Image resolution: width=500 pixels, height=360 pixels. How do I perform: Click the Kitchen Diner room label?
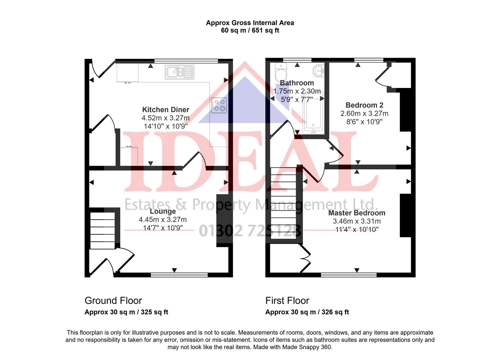click(x=166, y=110)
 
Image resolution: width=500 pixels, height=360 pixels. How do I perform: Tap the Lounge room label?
click(x=163, y=211)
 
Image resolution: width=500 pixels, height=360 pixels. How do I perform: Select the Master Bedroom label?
click(x=357, y=213)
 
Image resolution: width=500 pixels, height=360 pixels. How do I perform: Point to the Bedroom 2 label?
click(x=364, y=105)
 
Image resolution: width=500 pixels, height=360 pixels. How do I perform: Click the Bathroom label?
click(x=297, y=83)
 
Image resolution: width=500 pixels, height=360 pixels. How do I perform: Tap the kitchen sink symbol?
click(x=179, y=71)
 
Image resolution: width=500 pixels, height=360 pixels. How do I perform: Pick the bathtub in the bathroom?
click(x=314, y=113)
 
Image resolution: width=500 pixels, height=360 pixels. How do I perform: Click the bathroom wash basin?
click(x=319, y=70)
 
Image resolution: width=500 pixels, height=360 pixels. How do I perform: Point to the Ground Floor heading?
click(x=113, y=301)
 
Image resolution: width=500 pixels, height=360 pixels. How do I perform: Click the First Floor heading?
click(x=287, y=301)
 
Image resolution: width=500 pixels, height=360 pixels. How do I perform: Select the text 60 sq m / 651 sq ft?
click(x=250, y=30)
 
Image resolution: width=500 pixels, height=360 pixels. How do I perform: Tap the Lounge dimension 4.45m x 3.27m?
click(x=163, y=220)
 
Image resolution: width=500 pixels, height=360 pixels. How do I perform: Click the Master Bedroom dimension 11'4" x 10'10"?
click(x=357, y=229)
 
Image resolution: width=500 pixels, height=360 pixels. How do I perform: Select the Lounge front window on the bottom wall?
click(x=179, y=275)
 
